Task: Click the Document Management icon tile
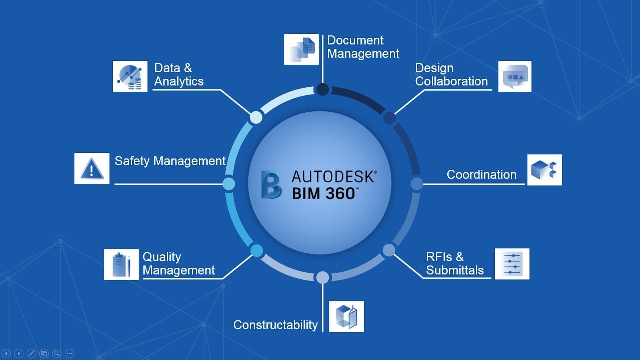click(301, 49)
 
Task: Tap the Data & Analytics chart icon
click(130, 76)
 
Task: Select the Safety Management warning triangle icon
click(92, 168)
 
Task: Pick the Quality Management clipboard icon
click(121, 265)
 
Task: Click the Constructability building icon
click(346, 317)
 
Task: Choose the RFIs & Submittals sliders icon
click(512, 264)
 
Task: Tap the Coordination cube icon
click(545, 170)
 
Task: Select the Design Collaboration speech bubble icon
click(515, 76)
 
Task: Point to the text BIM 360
click(325, 194)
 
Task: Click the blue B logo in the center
click(271, 185)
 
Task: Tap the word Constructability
click(275, 325)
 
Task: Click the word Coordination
click(481, 175)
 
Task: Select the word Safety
click(132, 161)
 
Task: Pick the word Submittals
click(455, 270)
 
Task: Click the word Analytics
click(179, 81)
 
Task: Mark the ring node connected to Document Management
click(323, 89)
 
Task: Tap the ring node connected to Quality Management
click(257, 251)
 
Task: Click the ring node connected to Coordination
click(417, 184)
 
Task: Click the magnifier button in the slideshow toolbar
click(57, 353)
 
